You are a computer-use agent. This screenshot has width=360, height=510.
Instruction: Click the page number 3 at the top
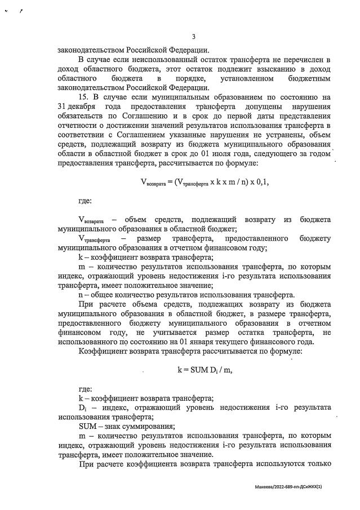pyautogui.click(x=194, y=37)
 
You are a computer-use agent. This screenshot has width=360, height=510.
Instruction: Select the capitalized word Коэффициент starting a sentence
pyautogui.click(x=105, y=351)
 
